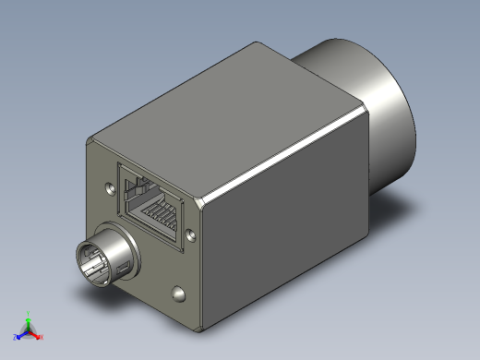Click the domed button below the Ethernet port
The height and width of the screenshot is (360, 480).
point(177,294)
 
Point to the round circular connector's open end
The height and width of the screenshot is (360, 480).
point(101,261)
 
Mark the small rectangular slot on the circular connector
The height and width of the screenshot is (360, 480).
point(121,269)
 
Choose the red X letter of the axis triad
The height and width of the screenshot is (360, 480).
point(41,337)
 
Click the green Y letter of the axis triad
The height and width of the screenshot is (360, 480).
point(29,313)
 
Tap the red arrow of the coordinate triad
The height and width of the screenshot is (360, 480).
point(35,334)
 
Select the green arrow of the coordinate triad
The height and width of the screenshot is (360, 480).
point(29,322)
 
